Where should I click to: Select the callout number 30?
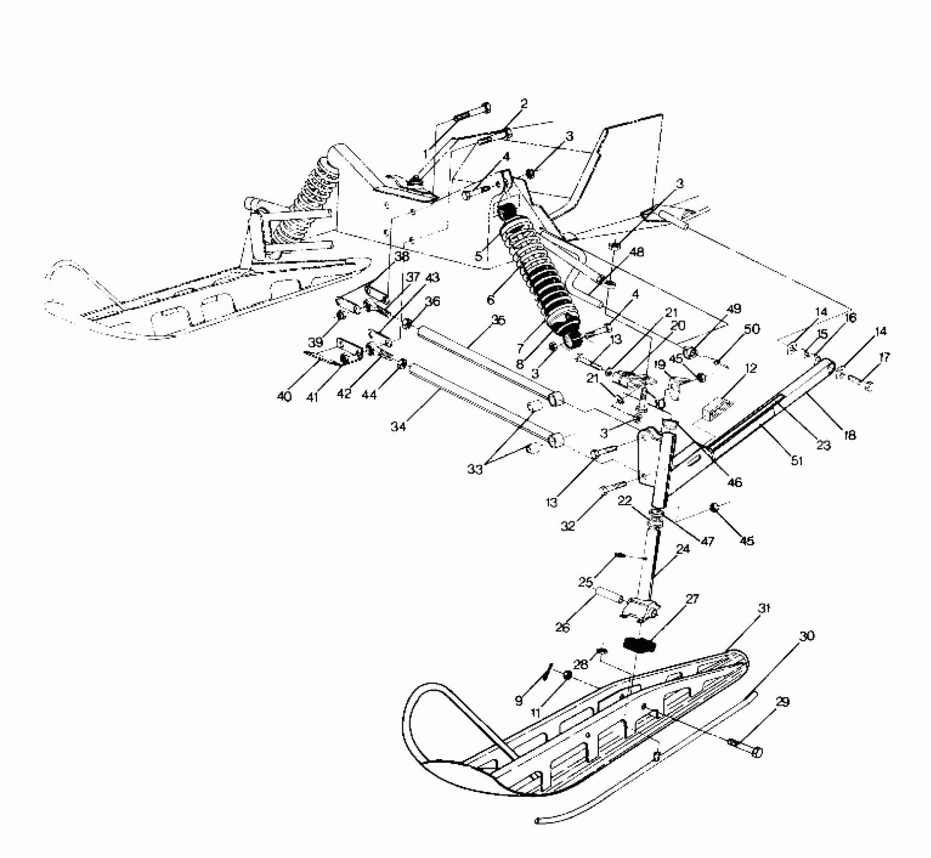pyautogui.click(x=807, y=636)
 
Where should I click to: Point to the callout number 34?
pyautogui.click(x=398, y=427)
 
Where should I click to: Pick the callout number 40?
pyautogui.click(x=284, y=397)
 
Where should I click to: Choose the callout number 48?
pyautogui.click(x=637, y=252)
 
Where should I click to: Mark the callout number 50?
pyautogui.click(x=752, y=329)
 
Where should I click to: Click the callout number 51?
pyautogui.click(x=797, y=460)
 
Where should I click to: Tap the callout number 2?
pyautogui.click(x=524, y=104)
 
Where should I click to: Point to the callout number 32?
pyautogui.click(x=568, y=526)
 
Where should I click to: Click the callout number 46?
pyautogui.click(x=735, y=482)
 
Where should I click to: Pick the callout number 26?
pyautogui.click(x=562, y=627)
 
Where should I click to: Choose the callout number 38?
pyautogui.click(x=402, y=257)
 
